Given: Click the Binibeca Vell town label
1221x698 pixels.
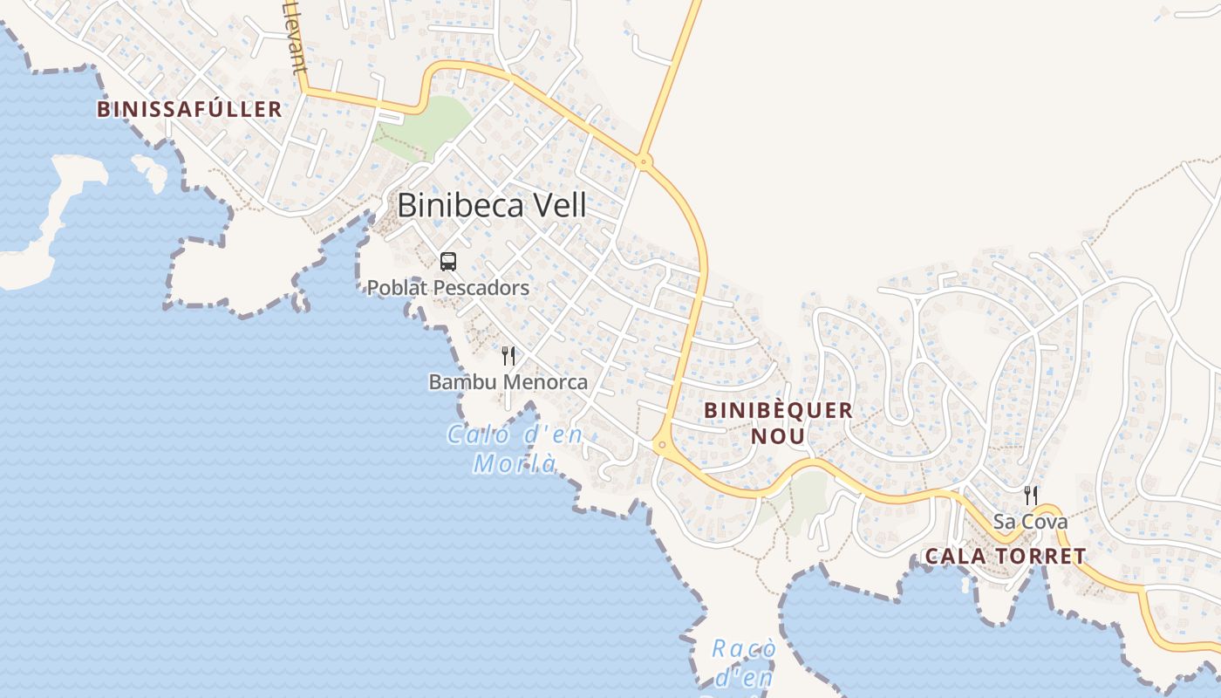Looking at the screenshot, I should click(492, 206).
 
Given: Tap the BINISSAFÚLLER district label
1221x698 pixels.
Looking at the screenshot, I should click(189, 110).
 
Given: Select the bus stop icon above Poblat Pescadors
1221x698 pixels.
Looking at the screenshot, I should click(448, 261).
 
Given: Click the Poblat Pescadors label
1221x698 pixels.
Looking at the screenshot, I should click(447, 287).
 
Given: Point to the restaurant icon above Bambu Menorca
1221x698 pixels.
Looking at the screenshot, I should click(508, 356).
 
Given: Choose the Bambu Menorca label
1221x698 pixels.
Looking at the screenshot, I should click(508, 382).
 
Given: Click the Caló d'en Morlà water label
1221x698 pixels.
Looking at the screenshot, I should click(515, 448).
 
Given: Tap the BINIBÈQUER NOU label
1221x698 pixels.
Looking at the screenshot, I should click(778, 422).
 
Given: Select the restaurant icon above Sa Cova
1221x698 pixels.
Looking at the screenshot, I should click(1031, 496).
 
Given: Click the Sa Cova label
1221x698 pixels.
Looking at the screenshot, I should click(1030, 522).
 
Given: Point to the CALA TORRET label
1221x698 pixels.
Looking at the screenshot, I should click(1006, 556).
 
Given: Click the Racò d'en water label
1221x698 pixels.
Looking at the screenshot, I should click(744, 663).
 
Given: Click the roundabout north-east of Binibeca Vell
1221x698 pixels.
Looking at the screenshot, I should click(644, 161).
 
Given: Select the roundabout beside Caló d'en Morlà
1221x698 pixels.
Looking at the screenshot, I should click(662, 446).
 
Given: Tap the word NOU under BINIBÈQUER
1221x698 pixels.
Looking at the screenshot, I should click(778, 435).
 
